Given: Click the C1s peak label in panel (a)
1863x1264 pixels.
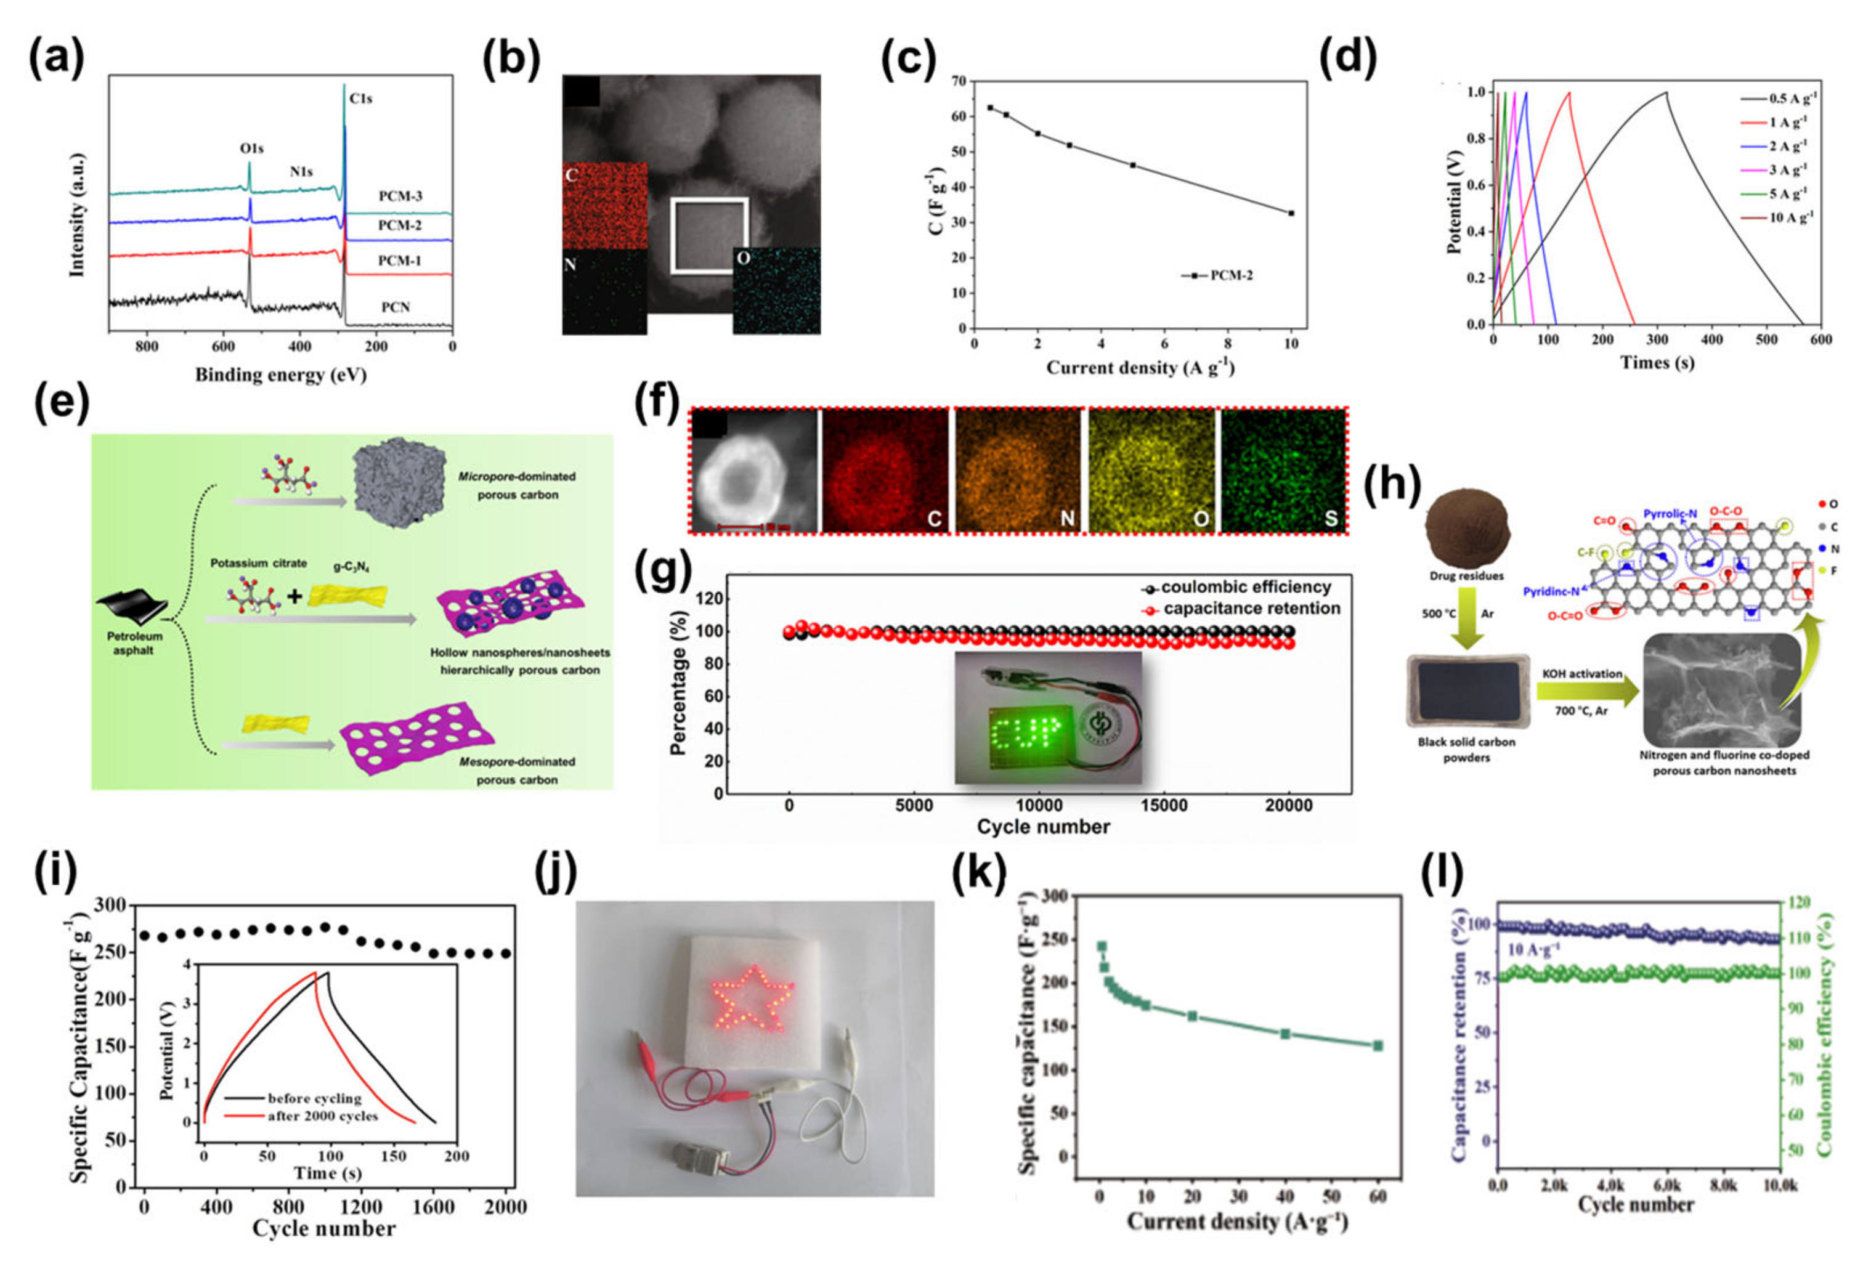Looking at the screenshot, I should pos(361,99).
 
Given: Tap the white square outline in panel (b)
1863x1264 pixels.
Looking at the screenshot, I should pos(710,236).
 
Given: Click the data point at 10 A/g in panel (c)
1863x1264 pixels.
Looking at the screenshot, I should pos(1291,213).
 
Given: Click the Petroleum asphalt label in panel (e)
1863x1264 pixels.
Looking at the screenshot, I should pos(135,643).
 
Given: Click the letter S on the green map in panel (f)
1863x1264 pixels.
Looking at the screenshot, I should pos(1331,519).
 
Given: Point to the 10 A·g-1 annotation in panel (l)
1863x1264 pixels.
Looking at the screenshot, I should pos(1533,950).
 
